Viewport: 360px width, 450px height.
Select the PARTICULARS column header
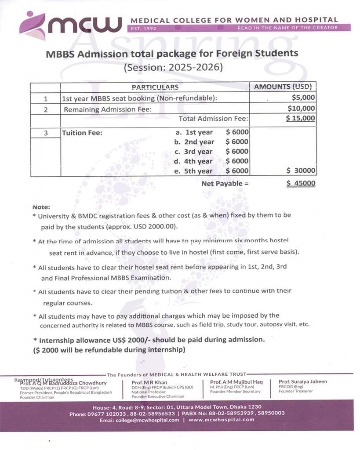point(155,87)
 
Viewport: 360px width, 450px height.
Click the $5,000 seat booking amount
point(303,98)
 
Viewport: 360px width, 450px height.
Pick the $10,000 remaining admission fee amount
point(301,109)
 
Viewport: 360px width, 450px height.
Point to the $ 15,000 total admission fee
point(300,118)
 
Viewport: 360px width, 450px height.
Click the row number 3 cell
point(46,133)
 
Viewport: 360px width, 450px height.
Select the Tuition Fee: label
point(82,133)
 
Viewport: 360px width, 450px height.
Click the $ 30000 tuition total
point(301,171)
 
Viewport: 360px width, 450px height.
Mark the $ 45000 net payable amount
point(301,184)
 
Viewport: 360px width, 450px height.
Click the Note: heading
point(41,207)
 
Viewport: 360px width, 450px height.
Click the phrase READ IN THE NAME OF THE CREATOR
point(287,28)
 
